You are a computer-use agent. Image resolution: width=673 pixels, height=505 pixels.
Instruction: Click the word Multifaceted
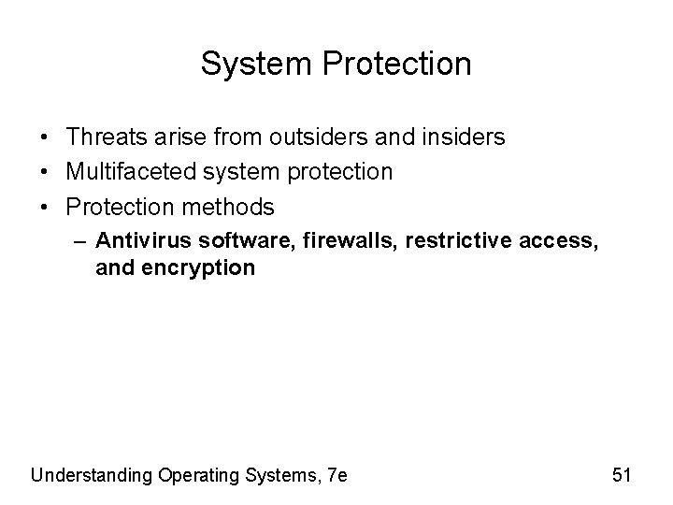click(126, 172)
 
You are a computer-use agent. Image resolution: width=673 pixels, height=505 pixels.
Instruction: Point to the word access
click(558, 241)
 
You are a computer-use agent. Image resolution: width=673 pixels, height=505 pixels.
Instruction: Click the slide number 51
click(622, 475)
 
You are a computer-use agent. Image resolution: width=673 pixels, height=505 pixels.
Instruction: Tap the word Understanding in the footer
click(91, 475)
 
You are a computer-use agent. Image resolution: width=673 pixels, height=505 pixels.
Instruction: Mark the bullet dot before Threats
click(45, 138)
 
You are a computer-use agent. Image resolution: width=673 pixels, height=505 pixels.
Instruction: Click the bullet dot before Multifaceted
click(45, 173)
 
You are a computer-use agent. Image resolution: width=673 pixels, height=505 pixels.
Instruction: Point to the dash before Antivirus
click(79, 241)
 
